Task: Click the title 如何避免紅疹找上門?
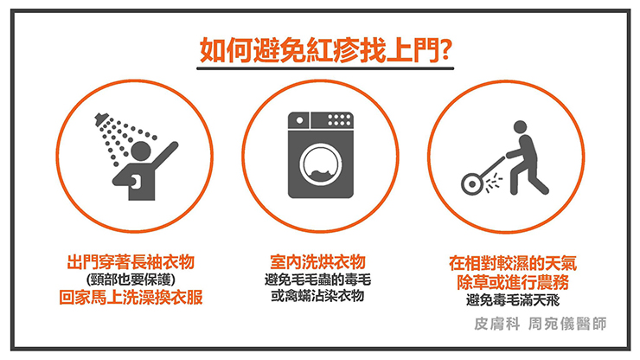[x=325, y=50]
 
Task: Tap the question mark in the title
[x=445, y=50]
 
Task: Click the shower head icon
[x=102, y=119]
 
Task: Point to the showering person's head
[x=141, y=151]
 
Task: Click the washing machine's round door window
[x=320, y=164]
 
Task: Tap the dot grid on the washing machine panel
[x=339, y=119]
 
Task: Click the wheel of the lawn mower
[x=472, y=183]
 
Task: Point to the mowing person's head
[x=520, y=126]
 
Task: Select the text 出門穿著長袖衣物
[x=131, y=262]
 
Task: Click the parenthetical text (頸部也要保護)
[x=131, y=280]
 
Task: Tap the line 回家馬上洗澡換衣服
[x=131, y=297]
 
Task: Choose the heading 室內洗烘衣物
[x=317, y=262]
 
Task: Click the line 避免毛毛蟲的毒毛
[x=317, y=280]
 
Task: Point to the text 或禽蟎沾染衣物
[x=317, y=296]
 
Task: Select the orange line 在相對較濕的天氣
[x=513, y=263]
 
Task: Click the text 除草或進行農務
[x=513, y=282]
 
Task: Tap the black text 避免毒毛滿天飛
[x=513, y=300]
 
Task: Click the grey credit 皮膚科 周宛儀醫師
[x=541, y=324]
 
